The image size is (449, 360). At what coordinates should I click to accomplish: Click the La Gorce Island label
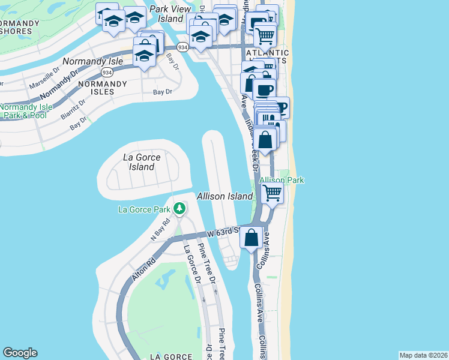(x=142, y=162)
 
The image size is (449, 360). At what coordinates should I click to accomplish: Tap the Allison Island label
(x=225, y=196)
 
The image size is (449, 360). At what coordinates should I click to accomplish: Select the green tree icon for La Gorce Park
(x=179, y=209)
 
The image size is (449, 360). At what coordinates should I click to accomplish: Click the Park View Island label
(x=170, y=14)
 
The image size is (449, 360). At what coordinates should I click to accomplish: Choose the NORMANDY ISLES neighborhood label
(x=103, y=88)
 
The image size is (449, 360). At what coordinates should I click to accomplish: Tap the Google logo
(x=20, y=353)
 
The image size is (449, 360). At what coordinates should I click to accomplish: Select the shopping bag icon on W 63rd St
(x=252, y=237)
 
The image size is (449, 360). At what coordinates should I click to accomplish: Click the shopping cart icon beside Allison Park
(x=272, y=193)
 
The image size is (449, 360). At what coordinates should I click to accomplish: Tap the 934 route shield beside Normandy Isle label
(x=107, y=72)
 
